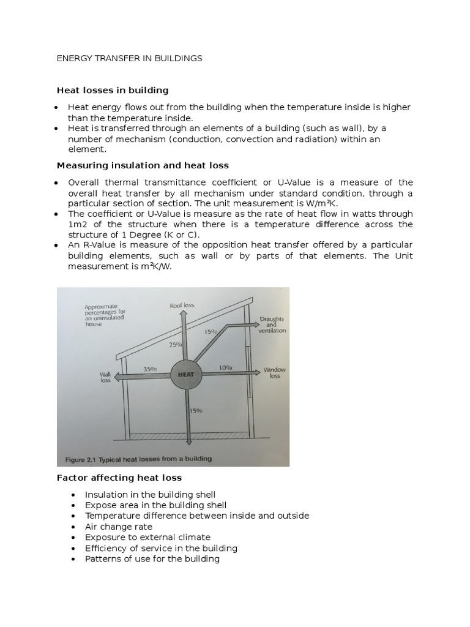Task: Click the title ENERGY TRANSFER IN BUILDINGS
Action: (x=129, y=59)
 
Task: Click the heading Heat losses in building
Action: (x=113, y=91)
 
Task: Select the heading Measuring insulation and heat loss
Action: (x=142, y=165)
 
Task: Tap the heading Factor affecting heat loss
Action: (x=119, y=478)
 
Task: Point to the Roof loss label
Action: (x=182, y=305)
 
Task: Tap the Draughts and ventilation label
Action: (x=272, y=325)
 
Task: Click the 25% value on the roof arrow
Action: (x=176, y=345)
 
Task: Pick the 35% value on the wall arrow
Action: (x=150, y=369)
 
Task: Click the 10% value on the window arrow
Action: (x=225, y=368)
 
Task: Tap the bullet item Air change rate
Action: (x=119, y=527)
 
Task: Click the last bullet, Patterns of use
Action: (x=152, y=559)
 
